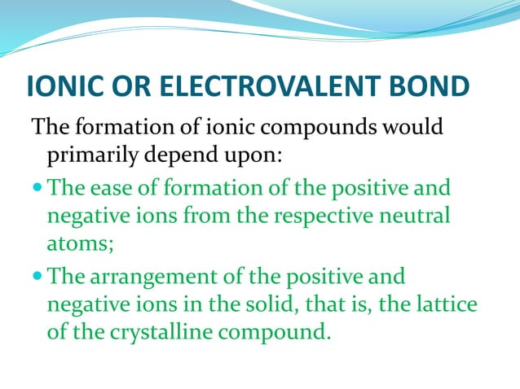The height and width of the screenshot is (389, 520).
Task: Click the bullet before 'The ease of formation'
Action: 39,189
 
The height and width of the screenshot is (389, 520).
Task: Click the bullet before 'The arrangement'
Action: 39,277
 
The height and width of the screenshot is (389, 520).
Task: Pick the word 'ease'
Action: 107,190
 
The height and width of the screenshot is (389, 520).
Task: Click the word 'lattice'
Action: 447,304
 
